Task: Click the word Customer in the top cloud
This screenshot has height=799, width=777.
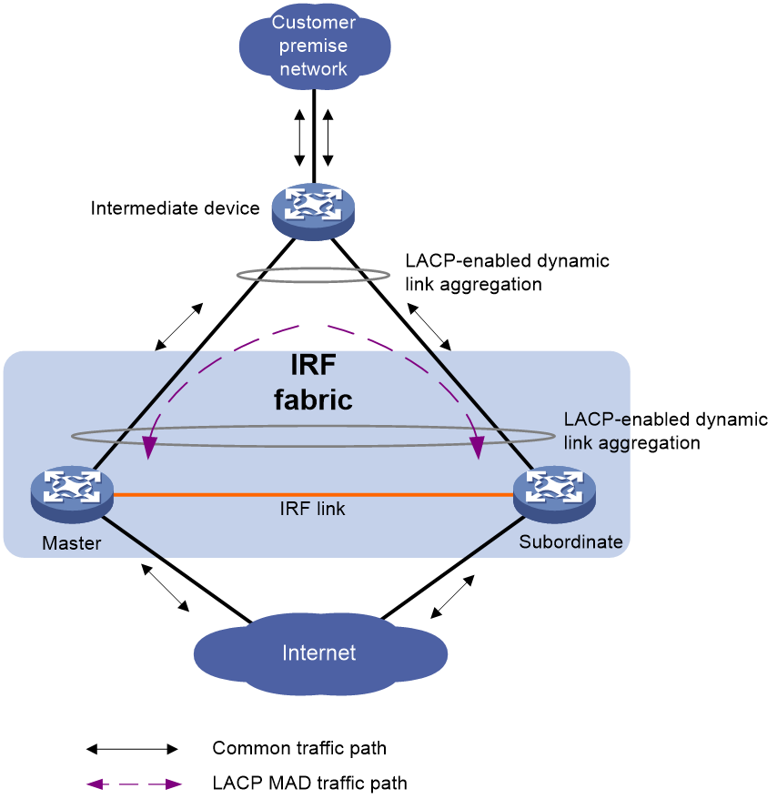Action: pyautogui.click(x=314, y=23)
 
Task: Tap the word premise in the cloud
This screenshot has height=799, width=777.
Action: pyautogui.click(x=314, y=46)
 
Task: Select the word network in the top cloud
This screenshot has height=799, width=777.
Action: pyautogui.click(x=314, y=69)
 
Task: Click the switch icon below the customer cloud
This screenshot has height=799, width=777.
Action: pyautogui.click(x=313, y=210)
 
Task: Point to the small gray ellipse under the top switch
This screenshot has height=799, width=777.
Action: pyautogui.click(x=313, y=275)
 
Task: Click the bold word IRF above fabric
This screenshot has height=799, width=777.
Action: pyautogui.click(x=314, y=366)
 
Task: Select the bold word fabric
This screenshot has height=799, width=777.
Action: pyautogui.click(x=314, y=399)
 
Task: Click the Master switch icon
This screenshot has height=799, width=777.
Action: pyautogui.click(x=72, y=491)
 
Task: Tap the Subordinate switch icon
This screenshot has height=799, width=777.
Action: pyautogui.click(x=554, y=491)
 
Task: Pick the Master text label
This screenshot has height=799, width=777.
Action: pyautogui.click(x=72, y=544)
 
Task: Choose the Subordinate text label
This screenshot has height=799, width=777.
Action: pyautogui.click(x=570, y=542)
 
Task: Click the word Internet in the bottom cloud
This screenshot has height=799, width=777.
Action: pyautogui.click(x=318, y=652)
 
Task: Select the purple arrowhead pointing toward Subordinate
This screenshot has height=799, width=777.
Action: pyautogui.click(x=476, y=448)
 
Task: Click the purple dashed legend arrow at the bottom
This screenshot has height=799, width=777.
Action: pyautogui.click(x=134, y=784)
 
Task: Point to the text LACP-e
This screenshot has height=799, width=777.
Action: pyautogui.click(x=596, y=420)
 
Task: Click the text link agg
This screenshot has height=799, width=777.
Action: pyautogui.click(x=596, y=443)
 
